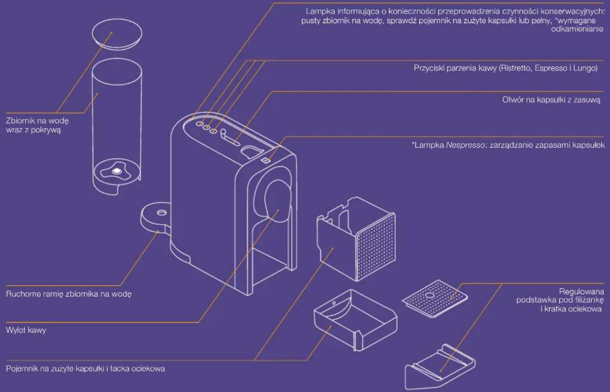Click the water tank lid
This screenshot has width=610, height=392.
point(117,34)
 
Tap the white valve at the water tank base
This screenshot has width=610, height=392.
point(117,171)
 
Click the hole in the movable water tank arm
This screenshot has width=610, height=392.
point(161,212)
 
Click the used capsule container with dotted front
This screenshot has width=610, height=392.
point(356,239)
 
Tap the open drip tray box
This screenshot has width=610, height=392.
point(355,320)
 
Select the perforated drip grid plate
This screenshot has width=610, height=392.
point(435,299)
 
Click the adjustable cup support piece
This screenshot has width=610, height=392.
point(440,367)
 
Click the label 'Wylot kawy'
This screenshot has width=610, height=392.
point(26,330)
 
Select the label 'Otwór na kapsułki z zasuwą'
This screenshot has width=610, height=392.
point(551,100)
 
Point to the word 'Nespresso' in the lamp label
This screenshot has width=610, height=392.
point(465,145)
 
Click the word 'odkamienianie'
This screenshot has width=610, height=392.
point(577,29)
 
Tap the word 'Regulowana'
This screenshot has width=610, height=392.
point(582,292)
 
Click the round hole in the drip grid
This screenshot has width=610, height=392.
point(430,295)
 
